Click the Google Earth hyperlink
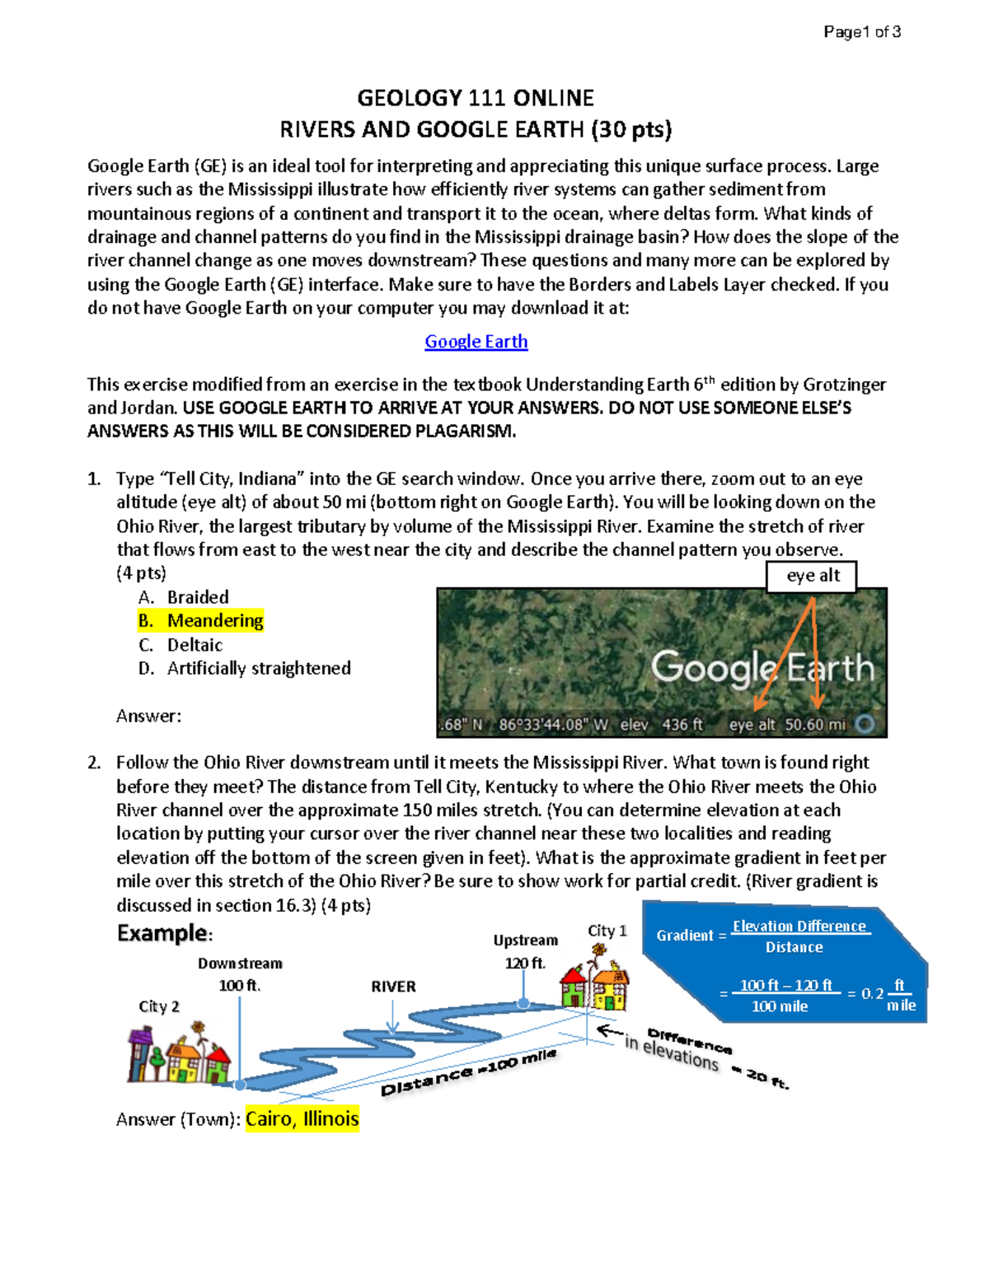click(x=476, y=342)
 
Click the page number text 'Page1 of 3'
click(x=861, y=32)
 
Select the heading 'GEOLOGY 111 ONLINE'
click(x=476, y=98)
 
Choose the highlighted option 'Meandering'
click(x=214, y=621)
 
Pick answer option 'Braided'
click(x=198, y=597)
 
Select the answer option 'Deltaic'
click(x=195, y=645)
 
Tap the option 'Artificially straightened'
click(x=259, y=668)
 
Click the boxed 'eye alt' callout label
click(x=812, y=576)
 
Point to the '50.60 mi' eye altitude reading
click(x=815, y=725)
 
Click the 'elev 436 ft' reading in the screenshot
click(x=661, y=725)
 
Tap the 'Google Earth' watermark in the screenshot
click(x=762, y=667)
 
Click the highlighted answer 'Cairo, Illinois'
click(x=302, y=1119)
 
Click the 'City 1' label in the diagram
click(x=607, y=931)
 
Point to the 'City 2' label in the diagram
click(x=159, y=1006)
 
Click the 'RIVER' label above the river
click(x=393, y=987)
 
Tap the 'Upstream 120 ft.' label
click(x=525, y=951)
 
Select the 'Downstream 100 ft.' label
click(x=240, y=974)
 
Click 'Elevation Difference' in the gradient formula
click(x=799, y=927)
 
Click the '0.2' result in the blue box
click(x=872, y=994)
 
